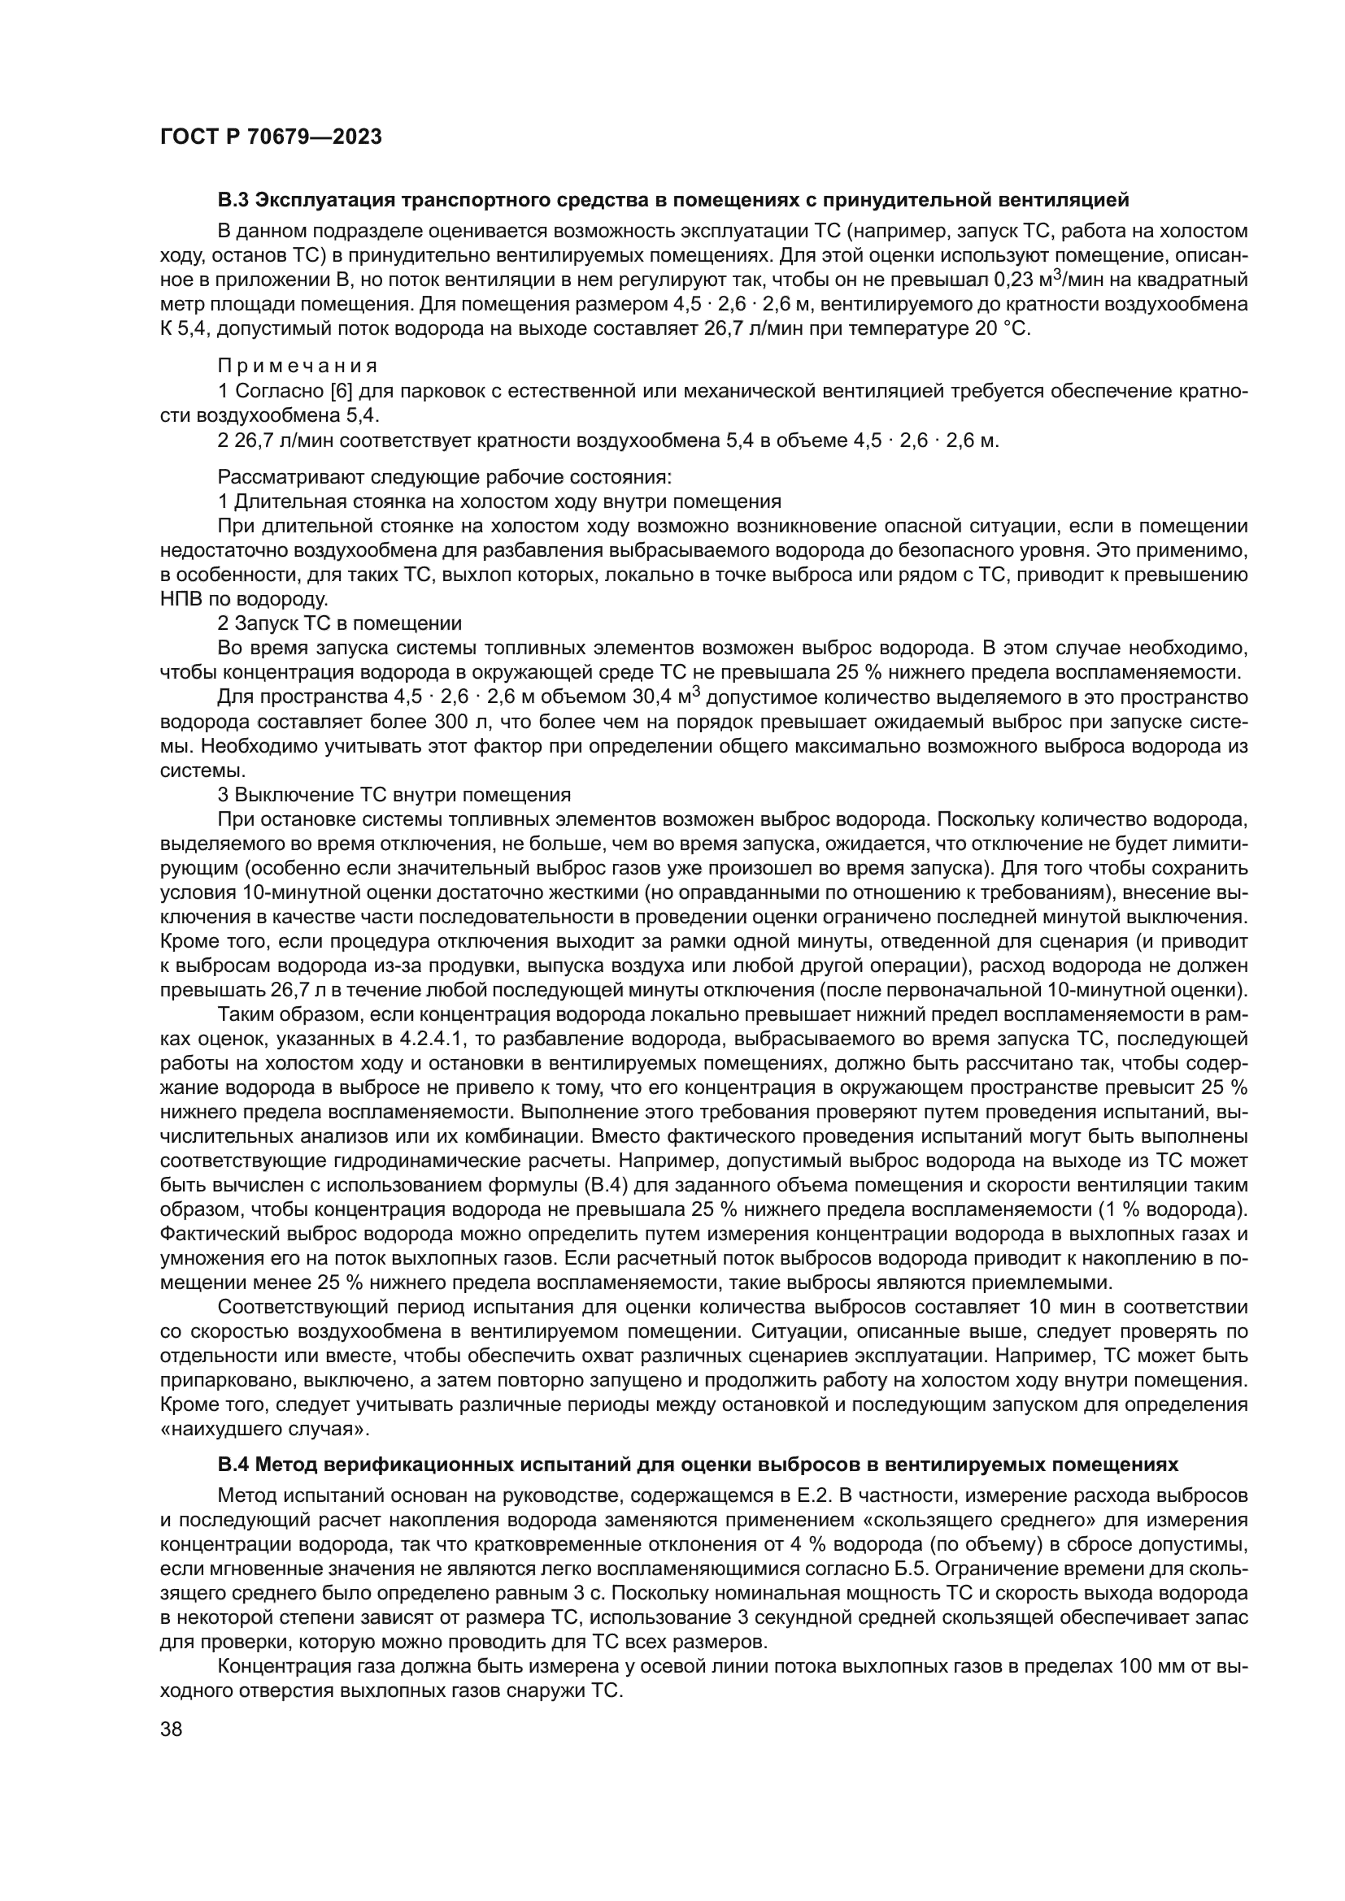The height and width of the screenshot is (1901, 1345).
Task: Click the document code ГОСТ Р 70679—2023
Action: coord(271,137)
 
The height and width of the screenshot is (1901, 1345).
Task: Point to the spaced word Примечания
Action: coord(298,366)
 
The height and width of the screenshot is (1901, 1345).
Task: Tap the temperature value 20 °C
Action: coord(1002,328)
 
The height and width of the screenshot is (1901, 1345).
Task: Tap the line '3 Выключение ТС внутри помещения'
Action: coord(394,795)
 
